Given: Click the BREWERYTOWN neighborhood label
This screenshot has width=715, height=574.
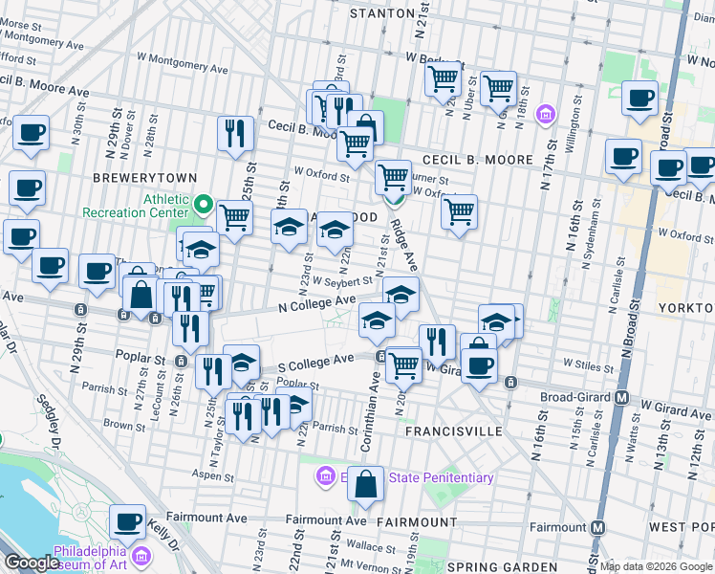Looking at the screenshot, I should pyautogui.click(x=145, y=178).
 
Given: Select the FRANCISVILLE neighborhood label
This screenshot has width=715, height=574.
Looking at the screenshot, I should pyautogui.click(x=454, y=431).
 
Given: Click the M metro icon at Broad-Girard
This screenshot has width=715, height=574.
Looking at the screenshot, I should pyautogui.click(x=621, y=396).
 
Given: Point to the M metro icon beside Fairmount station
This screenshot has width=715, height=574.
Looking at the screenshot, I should pyautogui.click(x=598, y=527).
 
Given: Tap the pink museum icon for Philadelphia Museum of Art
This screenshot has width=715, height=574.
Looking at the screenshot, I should pyautogui.click(x=142, y=554).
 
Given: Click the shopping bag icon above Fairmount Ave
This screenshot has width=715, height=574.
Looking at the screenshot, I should pyautogui.click(x=365, y=485).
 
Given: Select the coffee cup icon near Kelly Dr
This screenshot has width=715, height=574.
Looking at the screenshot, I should pyautogui.click(x=128, y=522).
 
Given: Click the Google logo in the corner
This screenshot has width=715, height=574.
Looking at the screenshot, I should pyautogui.click(x=32, y=563).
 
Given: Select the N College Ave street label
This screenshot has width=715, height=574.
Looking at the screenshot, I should pyautogui.click(x=317, y=303).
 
